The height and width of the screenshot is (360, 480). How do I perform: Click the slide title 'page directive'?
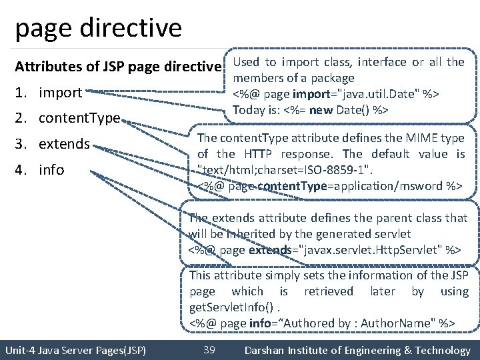click(97, 28)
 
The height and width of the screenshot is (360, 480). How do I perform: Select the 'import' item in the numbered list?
click(60, 93)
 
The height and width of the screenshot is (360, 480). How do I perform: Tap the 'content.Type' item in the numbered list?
click(79, 119)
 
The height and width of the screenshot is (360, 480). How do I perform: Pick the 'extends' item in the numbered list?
click(64, 144)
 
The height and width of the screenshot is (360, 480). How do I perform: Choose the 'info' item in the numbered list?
click(51, 170)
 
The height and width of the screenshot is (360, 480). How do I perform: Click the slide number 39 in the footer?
click(209, 350)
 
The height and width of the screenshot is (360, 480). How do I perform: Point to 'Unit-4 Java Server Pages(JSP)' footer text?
click(75, 351)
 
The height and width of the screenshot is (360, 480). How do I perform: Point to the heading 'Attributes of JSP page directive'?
click(118, 67)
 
